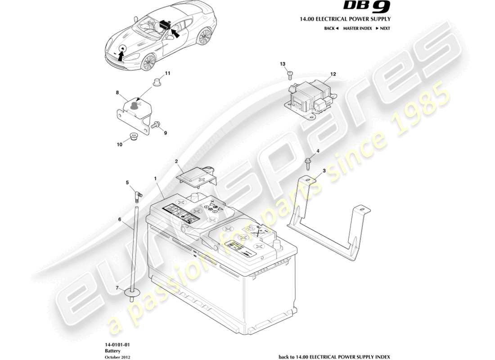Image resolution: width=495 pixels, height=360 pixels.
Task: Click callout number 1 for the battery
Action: tap(155, 179)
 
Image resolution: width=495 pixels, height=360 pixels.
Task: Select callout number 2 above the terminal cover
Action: tap(176, 161)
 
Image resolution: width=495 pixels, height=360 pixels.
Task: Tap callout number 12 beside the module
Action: tap(333, 74)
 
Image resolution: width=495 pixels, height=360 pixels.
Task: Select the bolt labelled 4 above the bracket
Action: tap(308, 162)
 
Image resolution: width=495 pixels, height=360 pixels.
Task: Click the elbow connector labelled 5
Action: tap(138, 195)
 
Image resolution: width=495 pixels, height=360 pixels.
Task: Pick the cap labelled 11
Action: tap(157, 82)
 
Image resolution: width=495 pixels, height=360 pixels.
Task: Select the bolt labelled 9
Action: tap(156, 126)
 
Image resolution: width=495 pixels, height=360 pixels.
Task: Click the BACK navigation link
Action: tap(331, 28)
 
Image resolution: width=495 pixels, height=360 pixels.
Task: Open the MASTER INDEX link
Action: tap(357, 28)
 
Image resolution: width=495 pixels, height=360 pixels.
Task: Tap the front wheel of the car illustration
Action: tap(147, 63)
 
